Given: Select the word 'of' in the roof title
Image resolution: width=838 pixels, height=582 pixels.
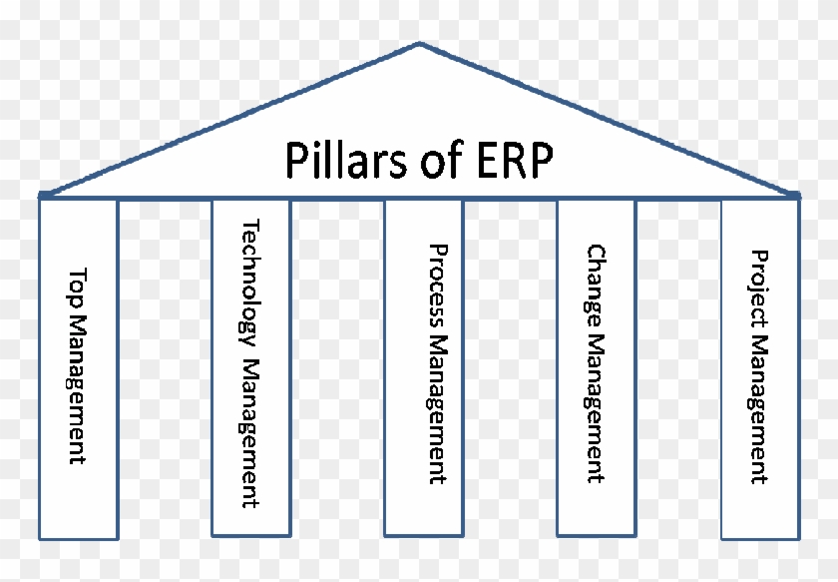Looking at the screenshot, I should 421,160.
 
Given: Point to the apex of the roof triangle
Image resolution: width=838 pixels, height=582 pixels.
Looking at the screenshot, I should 420,43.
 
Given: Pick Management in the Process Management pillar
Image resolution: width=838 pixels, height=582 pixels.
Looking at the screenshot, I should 436,408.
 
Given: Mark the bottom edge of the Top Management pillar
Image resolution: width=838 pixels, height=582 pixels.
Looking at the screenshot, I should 78,538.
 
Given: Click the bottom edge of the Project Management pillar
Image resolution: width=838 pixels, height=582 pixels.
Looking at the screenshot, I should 759,538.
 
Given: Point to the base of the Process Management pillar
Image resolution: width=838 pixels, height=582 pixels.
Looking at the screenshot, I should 423,535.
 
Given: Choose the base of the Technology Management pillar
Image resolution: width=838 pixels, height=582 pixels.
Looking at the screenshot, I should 250,535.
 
